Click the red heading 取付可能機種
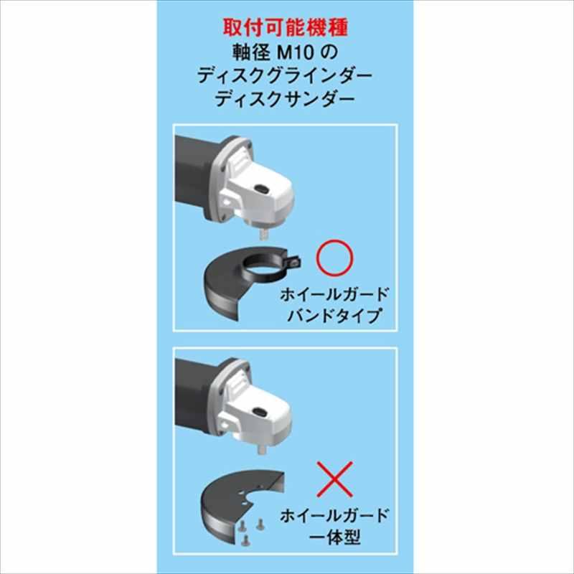(x=286, y=28)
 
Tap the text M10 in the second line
(x=287, y=52)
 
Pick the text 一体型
(x=337, y=537)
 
